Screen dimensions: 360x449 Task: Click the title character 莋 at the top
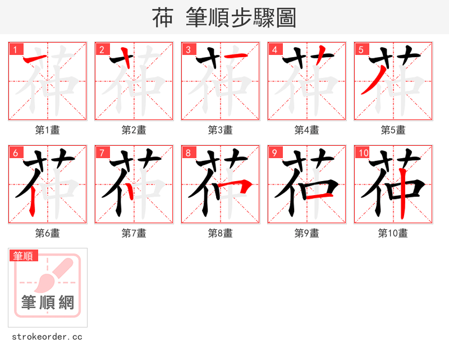pyautogui.click(x=163, y=18)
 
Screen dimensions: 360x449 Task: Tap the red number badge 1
pyautogui.click(x=15, y=49)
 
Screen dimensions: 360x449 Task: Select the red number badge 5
pyautogui.click(x=361, y=49)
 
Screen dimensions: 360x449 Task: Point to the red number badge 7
pyautogui.click(x=102, y=153)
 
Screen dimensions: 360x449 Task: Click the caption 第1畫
pyautogui.click(x=48, y=130)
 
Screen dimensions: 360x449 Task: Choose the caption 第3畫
pyautogui.click(x=221, y=130)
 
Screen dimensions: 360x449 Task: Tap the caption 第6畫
pyautogui.click(x=48, y=233)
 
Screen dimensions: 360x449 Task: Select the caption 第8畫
pyautogui.click(x=221, y=233)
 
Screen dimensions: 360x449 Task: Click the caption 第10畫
pyautogui.click(x=393, y=233)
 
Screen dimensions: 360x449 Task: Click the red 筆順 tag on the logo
pyautogui.click(x=24, y=256)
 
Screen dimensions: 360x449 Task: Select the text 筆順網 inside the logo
pyautogui.click(x=48, y=303)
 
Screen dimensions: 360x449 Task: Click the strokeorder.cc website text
pyautogui.click(x=47, y=337)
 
